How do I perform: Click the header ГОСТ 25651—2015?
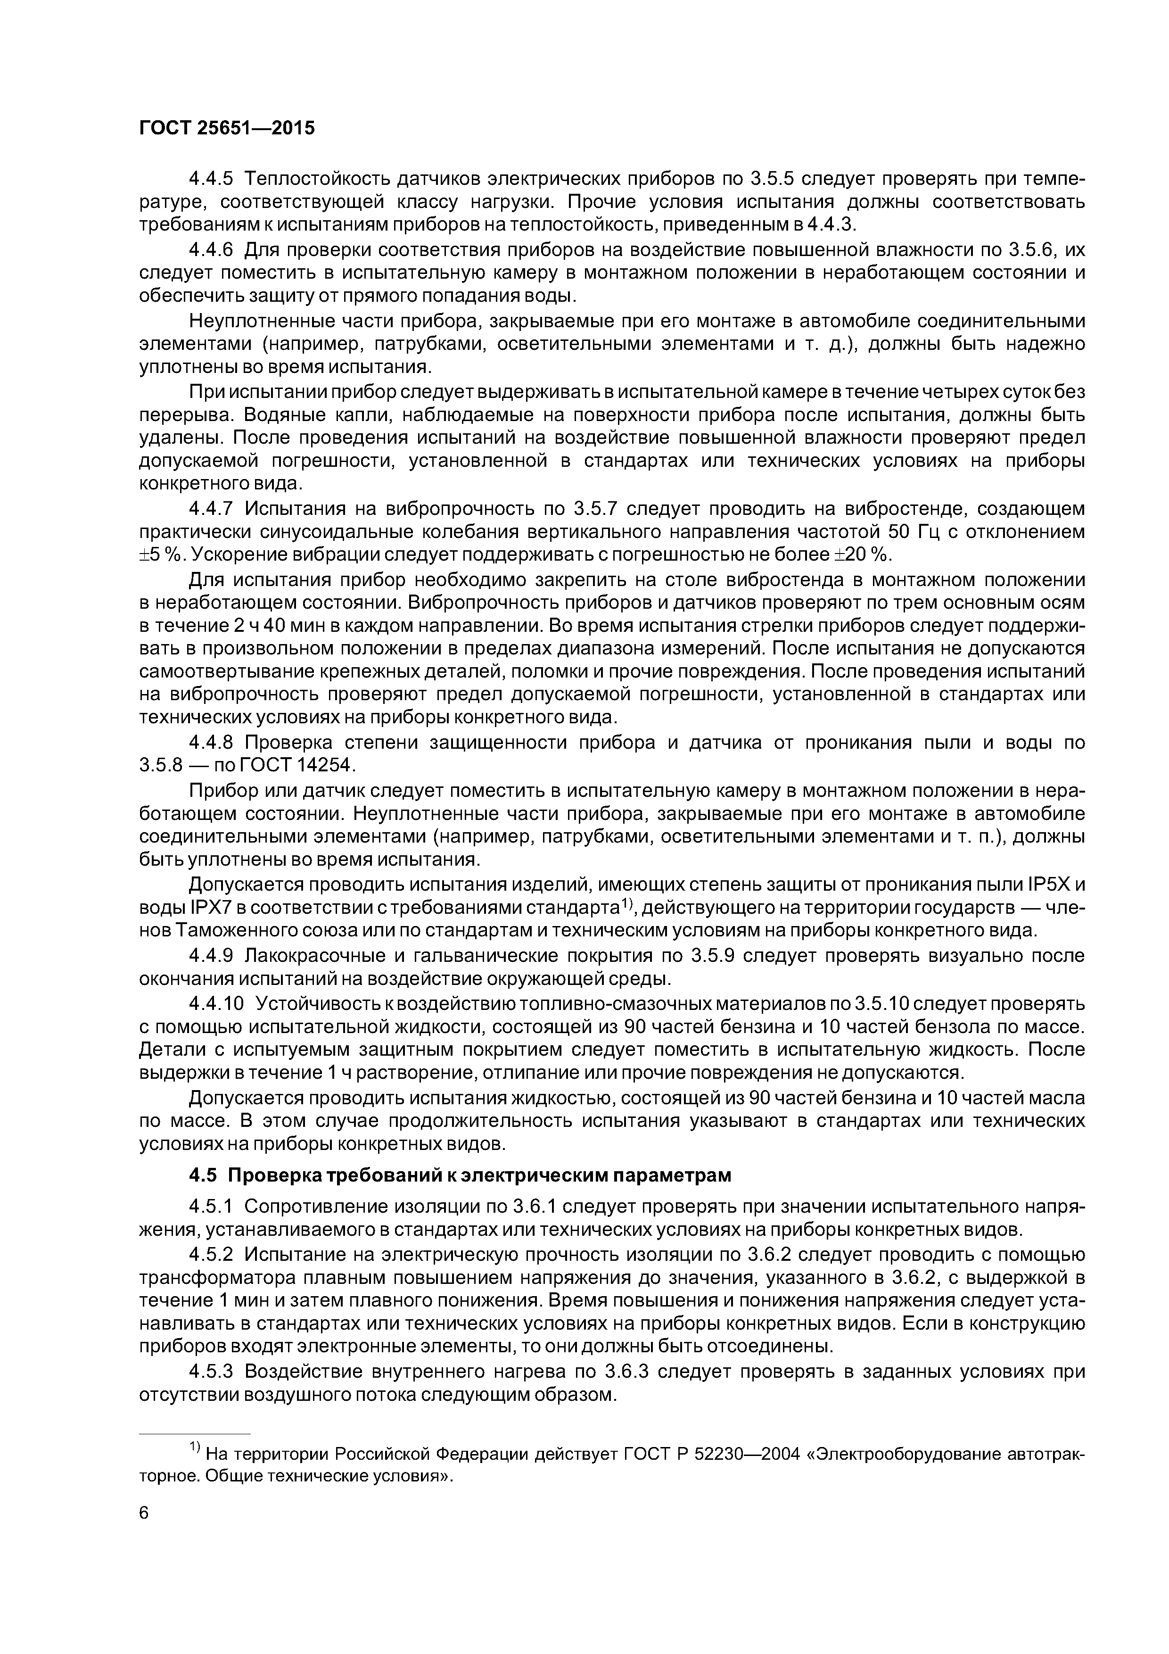227,128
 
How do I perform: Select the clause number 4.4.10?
217,1003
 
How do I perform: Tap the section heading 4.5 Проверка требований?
460,1175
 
